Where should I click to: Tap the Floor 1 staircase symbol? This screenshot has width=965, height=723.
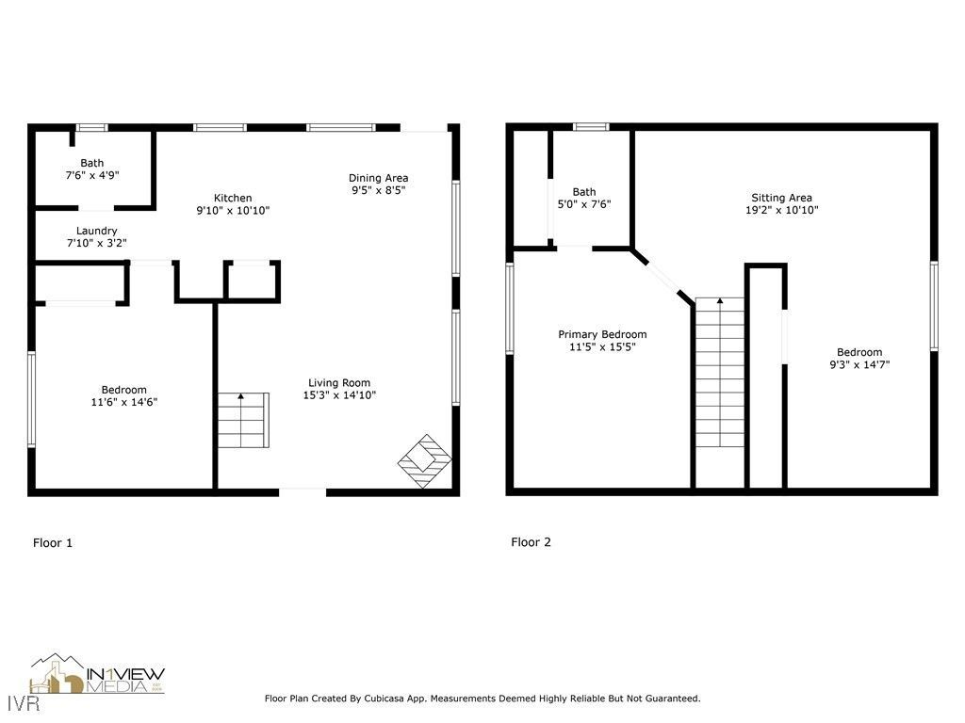coord(243,420)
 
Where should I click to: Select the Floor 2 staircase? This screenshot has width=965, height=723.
coord(720,373)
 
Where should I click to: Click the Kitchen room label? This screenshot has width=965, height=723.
coord(233,198)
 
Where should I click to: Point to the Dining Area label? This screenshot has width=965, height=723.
coord(378,178)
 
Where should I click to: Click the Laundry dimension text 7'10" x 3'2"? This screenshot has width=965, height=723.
coord(96,243)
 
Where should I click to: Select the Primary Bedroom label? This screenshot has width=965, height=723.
coord(602,334)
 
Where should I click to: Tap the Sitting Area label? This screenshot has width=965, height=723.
coord(781,198)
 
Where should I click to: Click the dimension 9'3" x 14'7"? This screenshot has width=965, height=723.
coord(859,364)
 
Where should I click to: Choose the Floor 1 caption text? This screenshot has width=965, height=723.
coord(53,542)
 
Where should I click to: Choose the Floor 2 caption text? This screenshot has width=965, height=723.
coord(531,542)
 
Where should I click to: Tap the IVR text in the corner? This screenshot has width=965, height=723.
coord(15,703)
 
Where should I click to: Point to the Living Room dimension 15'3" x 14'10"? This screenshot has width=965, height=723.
coord(338,395)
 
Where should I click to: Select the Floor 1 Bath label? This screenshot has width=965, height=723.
coord(91,163)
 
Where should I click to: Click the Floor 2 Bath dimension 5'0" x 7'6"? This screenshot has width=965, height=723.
coord(584,204)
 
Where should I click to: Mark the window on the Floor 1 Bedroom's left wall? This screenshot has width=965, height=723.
coord(31,397)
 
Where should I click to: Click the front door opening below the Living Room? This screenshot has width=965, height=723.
coord(303,490)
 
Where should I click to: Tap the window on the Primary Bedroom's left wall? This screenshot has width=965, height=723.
coord(510,309)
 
